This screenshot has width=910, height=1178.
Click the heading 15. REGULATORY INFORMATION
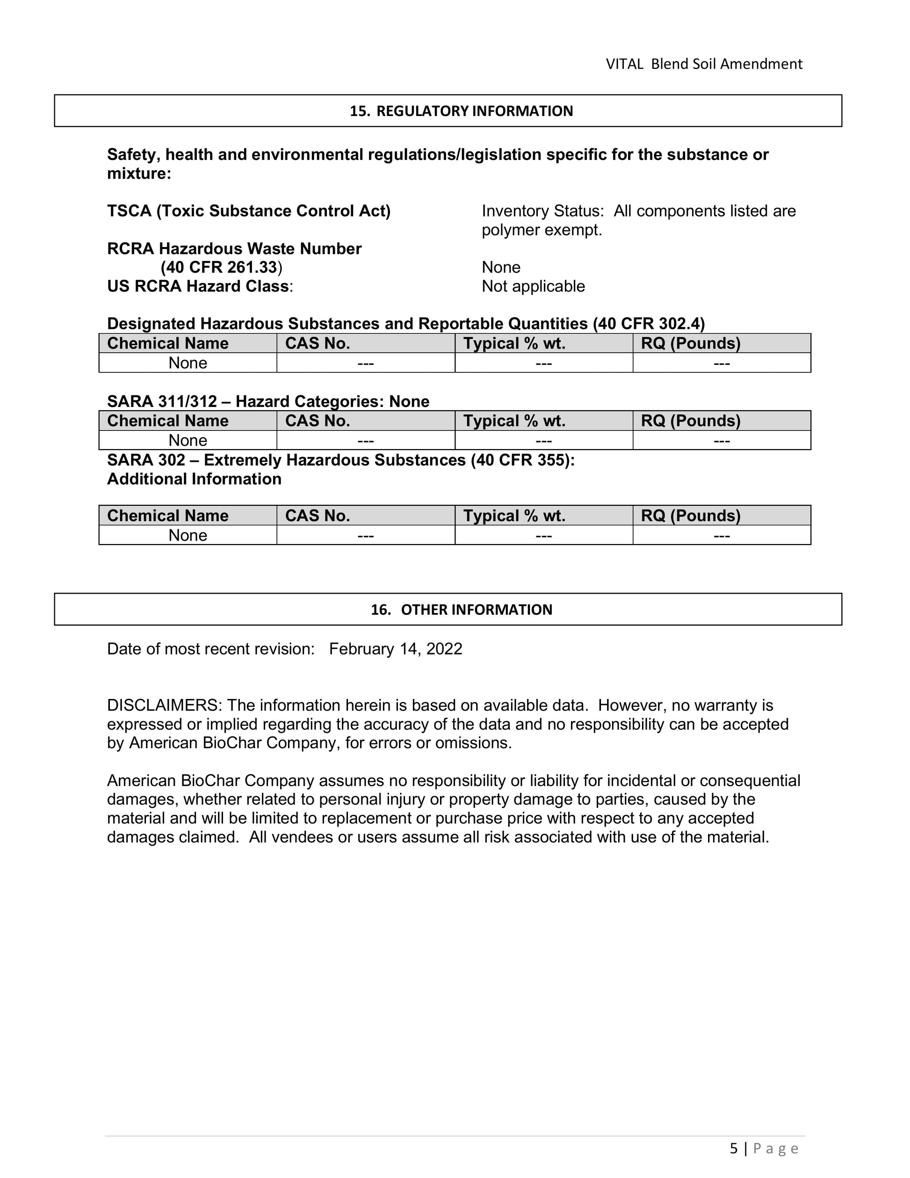point(461,111)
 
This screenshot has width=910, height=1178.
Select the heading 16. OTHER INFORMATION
point(461,610)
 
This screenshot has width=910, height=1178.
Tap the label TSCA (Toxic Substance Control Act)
point(248,211)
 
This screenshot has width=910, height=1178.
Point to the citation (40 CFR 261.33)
point(221,268)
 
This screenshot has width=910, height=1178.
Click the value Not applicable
point(533,286)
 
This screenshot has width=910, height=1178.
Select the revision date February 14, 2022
point(395,649)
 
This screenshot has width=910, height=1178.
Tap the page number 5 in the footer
point(733,1149)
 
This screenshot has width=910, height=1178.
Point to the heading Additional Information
point(194,479)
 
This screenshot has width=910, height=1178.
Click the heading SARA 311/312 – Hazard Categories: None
point(268,401)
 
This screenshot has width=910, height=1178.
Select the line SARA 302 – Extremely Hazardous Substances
point(341,460)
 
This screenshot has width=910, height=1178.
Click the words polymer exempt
point(541,230)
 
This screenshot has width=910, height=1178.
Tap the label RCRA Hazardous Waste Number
point(234,249)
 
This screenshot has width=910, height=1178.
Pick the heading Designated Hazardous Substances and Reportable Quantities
point(405,324)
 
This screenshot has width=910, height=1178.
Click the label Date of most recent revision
point(210,649)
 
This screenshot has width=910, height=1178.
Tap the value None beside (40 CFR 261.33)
point(501,268)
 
